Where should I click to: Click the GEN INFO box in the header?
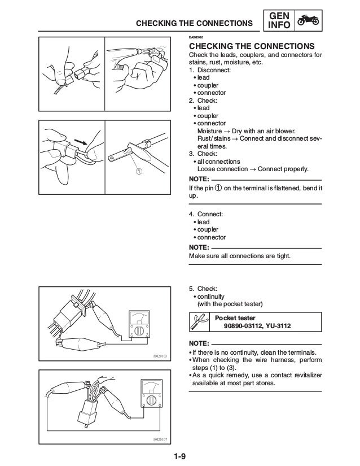[278, 21]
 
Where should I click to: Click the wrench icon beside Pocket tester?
[198, 321]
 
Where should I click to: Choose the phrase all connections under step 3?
[217, 161]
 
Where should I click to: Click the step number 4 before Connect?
[191, 215]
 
